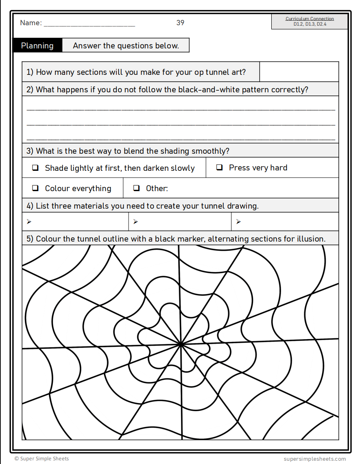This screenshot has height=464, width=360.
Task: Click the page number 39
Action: pyautogui.click(x=180, y=23)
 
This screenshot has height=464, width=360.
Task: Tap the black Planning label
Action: pyautogui.click(x=37, y=46)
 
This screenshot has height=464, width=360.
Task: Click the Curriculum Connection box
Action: pyautogui.click(x=310, y=22)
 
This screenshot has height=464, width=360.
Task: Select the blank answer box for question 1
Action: pyautogui.click(x=299, y=72)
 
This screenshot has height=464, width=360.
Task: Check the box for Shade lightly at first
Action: pyautogui.click(x=35, y=168)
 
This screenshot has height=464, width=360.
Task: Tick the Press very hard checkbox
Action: pyautogui.click(x=219, y=167)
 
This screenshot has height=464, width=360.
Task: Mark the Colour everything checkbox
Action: pyautogui.click(x=35, y=188)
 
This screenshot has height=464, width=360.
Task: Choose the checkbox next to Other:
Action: pyautogui.click(x=137, y=188)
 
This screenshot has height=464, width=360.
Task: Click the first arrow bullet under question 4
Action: pyautogui.click(x=29, y=222)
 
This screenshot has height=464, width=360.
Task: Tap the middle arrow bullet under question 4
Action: pyautogui.click(x=135, y=222)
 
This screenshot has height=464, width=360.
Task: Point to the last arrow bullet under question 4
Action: pyautogui.click(x=238, y=222)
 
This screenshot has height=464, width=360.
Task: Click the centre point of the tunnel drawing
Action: pyautogui.click(x=180, y=344)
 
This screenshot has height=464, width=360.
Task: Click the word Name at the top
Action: pyautogui.click(x=30, y=23)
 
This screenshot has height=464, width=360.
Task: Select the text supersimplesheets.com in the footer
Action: pyautogui.click(x=314, y=459)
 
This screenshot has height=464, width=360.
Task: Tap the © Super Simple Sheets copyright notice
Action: pyautogui.click(x=41, y=459)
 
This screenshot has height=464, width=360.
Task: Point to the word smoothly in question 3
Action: pyautogui.click(x=210, y=151)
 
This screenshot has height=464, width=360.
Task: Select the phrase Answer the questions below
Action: pyautogui.click(x=126, y=46)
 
